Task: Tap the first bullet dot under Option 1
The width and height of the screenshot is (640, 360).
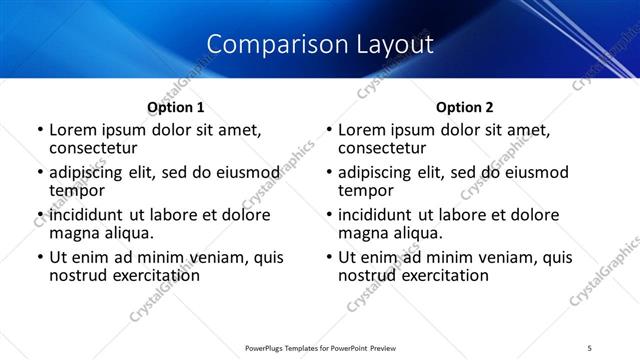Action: point(40,130)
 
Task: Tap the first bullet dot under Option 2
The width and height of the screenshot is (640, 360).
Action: point(329,130)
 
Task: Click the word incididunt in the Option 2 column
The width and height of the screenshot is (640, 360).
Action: point(380,215)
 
